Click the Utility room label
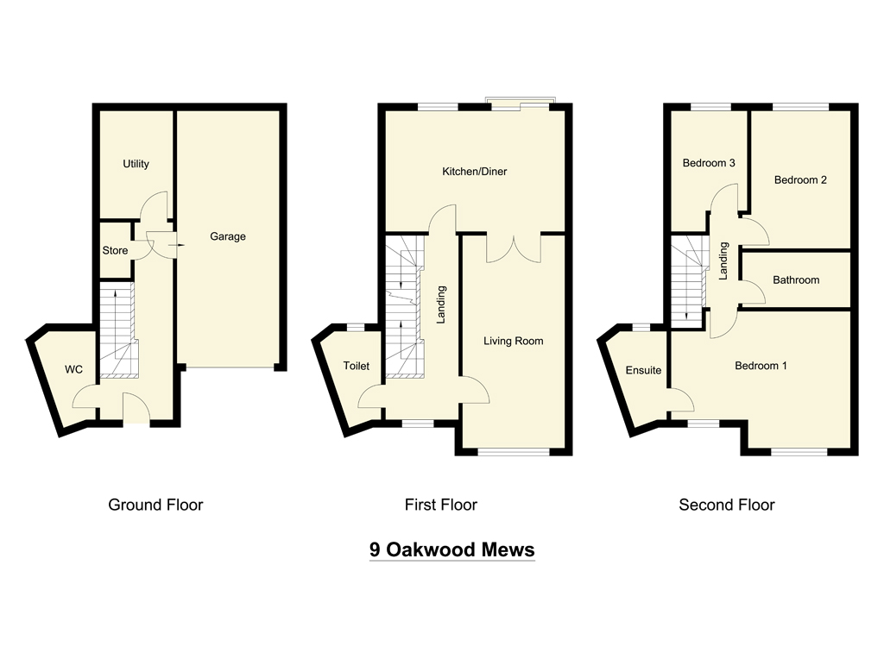(x=136, y=164)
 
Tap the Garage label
(x=228, y=236)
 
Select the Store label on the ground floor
(x=115, y=251)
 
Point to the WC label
(x=74, y=369)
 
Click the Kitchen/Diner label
(x=475, y=172)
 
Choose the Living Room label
(x=513, y=341)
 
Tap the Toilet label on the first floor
(x=357, y=366)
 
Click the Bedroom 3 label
(x=709, y=163)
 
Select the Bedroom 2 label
(x=800, y=180)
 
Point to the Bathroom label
(x=796, y=280)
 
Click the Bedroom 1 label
(x=761, y=366)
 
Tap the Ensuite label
(x=643, y=370)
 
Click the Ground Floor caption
(x=155, y=505)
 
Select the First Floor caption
(x=441, y=505)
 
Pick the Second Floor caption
(x=727, y=505)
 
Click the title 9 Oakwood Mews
(x=452, y=549)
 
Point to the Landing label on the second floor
(x=723, y=260)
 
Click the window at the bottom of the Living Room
(x=514, y=452)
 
